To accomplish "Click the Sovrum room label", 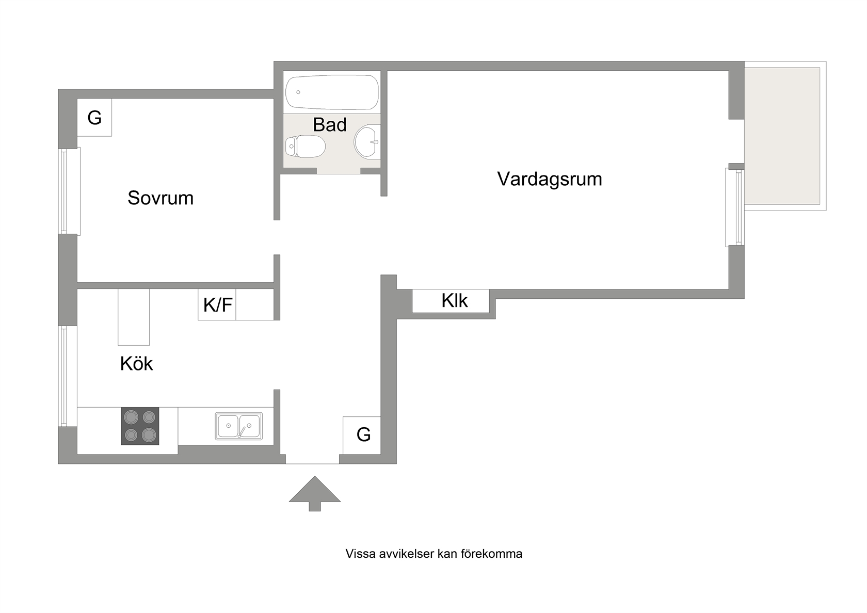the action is point(160,198).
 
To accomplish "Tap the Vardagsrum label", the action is point(550,180).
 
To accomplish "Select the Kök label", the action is point(136,363).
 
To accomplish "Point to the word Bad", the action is point(329,125).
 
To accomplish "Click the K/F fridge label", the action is point(218,304).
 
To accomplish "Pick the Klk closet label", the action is point(454,301).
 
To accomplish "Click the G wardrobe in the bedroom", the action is point(94,117).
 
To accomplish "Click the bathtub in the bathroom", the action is point(332,92).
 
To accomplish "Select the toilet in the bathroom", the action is point(305,147).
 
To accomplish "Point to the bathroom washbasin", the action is point(367,141).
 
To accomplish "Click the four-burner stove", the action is point(140,426).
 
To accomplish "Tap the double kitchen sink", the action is point(239,426).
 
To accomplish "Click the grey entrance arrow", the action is point(315,493).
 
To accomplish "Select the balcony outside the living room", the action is point(785,136).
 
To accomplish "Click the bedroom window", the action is point(69,191).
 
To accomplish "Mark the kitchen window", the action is point(67,376).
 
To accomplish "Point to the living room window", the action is point(735,207).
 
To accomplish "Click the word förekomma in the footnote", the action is point(491,554).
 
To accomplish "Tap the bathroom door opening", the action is point(339,171).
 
